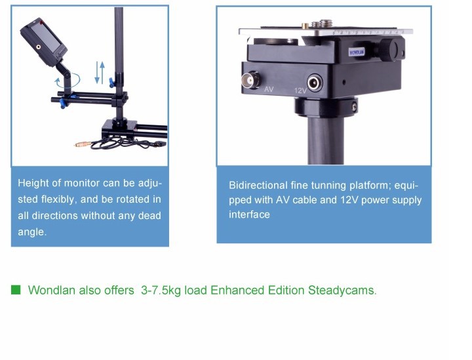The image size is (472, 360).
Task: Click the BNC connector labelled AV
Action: [250, 80]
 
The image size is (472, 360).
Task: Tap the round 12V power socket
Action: [315, 83]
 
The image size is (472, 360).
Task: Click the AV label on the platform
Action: [269, 89]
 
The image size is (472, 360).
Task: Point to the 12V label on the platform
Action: [300, 90]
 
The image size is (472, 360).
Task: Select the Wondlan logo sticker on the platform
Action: [357, 52]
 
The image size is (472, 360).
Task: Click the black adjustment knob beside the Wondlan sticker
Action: [388, 49]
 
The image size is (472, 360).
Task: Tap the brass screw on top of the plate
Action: [305, 26]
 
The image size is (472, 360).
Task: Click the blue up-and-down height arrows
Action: [100, 73]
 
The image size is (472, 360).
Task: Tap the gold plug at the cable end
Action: [83, 144]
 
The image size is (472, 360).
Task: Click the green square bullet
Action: [16, 290]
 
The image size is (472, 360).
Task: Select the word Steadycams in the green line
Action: [342, 290]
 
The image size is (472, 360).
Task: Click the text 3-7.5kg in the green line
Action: [161, 290]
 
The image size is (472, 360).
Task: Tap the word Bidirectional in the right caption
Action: [258, 185]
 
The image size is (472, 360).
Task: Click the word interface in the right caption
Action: [249, 214]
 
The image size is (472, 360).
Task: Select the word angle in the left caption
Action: [32, 231]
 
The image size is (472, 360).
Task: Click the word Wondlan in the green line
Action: [52, 290]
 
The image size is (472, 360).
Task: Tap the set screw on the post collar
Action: [354, 106]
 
